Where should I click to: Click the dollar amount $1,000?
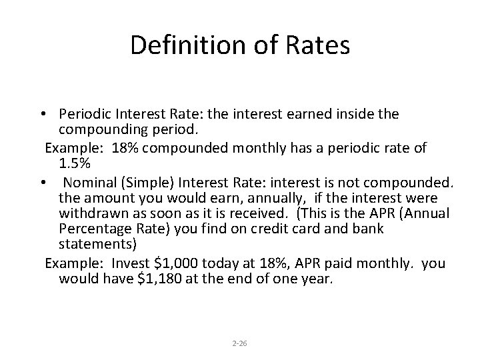tap(182, 263)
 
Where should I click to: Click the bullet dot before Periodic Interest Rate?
tap(43, 115)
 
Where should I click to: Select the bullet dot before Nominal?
tap(43, 183)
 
